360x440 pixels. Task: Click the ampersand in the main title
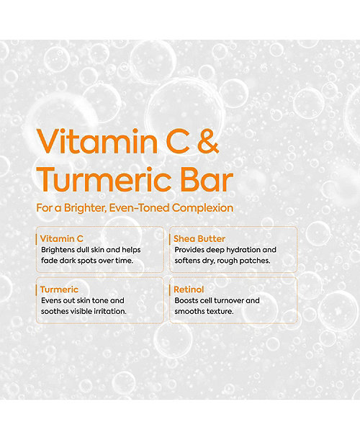[x=208, y=141]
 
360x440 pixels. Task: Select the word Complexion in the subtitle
[x=202, y=208]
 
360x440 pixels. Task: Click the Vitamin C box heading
[x=62, y=238]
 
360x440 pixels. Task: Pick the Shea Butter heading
[x=199, y=238]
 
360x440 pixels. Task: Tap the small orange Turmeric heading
[x=59, y=289]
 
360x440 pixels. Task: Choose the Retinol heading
[x=189, y=289]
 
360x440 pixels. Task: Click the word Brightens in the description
[x=58, y=250]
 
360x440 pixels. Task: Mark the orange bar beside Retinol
[x=170, y=290]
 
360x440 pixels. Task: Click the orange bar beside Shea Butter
[x=170, y=239]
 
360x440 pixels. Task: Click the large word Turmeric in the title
[x=104, y=179]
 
